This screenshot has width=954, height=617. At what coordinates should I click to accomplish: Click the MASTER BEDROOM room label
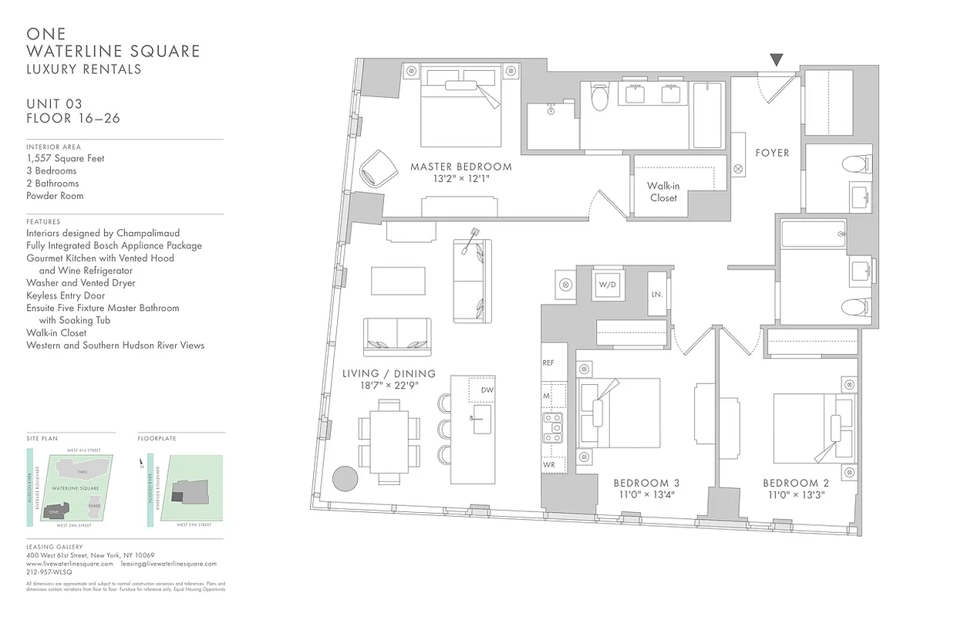click(460, 167)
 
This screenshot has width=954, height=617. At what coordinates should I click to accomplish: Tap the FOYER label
click(772, 153)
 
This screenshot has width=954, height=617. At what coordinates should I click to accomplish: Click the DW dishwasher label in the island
click(487, 390)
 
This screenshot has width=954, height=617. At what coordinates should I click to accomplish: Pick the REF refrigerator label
click(548, 362)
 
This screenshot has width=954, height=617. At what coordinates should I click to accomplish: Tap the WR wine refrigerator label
click(548, 465)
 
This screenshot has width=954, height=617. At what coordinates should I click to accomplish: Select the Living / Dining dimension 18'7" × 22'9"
click(389, 386)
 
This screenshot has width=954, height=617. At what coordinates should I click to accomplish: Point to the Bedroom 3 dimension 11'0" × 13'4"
click(646, 495)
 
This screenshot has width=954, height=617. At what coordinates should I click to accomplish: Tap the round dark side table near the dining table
click(345, 477)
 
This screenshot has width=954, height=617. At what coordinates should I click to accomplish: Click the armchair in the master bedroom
click(377, 167)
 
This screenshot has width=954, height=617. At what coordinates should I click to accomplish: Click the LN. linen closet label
click(657, 294)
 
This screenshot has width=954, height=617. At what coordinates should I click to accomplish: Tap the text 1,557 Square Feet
click(66, 158)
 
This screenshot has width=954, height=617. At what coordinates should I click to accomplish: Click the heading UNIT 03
click(54, 104)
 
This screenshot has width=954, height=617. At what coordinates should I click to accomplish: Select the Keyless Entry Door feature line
click(66, 295)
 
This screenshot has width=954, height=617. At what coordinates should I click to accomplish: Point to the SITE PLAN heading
click(42, 438)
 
